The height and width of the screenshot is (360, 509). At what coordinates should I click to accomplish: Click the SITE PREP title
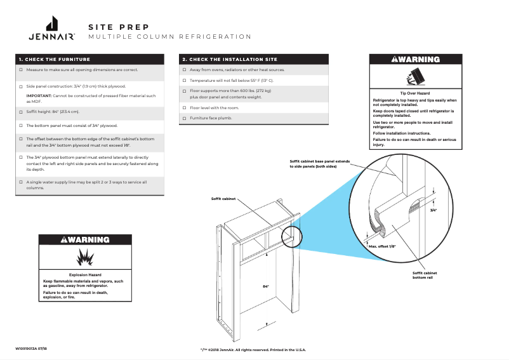click(x=119, y=27)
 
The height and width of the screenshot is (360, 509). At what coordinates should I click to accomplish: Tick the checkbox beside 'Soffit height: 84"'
click(x=21, y=112)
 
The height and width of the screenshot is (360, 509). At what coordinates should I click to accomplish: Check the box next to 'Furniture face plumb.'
click(x=184, y=118)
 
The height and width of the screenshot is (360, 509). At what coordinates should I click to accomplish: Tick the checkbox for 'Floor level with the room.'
click(x=184, y=108)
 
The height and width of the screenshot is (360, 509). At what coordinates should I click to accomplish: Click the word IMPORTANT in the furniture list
click(x=39, y=95)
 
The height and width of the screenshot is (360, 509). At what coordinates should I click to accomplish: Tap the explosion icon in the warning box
click(x=85, y=257)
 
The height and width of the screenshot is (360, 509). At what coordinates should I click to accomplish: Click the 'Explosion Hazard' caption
click(x=86, y=275)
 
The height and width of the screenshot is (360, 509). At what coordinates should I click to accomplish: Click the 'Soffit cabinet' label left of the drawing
click(x=223, y=199)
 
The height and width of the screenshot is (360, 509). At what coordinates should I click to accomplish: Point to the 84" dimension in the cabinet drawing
click(x=266, y=287)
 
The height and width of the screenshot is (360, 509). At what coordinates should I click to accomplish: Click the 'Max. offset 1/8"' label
click(x=382, y=246)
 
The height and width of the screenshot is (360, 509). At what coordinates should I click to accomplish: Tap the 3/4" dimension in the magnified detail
click(x=433, y=210)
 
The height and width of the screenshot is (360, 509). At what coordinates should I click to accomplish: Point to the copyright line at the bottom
click(x=253, y=350)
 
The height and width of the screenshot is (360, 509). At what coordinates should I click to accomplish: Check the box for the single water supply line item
click(x=21, y=182)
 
